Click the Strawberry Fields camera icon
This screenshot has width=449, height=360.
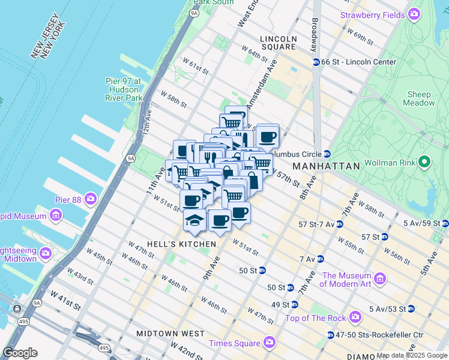[414, 14]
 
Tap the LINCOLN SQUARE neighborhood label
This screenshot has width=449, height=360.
[278, 43]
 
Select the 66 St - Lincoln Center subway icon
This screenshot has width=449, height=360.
[316, 62]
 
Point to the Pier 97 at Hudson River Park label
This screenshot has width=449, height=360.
[123, 89]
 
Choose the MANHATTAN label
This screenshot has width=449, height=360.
[326, 166]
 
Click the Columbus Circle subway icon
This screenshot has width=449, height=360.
[327, 153]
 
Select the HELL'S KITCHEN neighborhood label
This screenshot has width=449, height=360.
[172, 244]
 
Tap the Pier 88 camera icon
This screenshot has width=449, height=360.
[91, 198]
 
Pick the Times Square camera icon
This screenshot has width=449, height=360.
[269, 343]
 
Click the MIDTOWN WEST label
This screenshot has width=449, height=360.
[170, 333]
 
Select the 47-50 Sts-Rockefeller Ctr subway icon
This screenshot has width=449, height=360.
[331, 335]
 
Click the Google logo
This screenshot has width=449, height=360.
[20, 353]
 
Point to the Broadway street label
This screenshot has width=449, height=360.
[315, 34]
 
